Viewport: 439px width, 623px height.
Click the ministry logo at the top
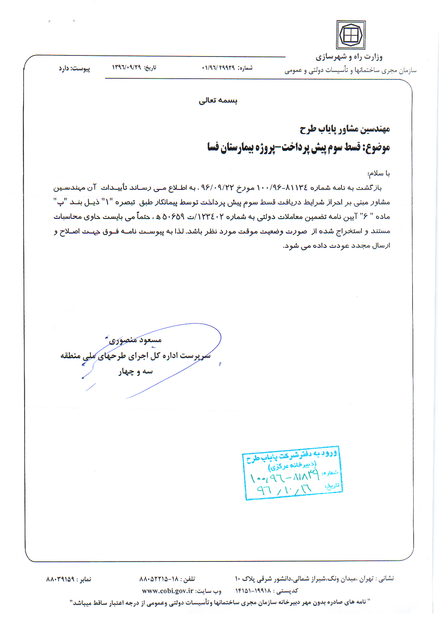pos(351,35)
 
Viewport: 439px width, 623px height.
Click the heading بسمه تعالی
pos(218,100)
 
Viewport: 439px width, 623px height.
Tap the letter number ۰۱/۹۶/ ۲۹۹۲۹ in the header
pos(218,68)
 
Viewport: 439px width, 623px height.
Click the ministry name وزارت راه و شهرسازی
pos(349,57)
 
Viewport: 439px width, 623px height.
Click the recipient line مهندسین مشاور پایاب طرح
pos(345,129)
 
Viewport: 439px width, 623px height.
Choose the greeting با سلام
pos(379,173)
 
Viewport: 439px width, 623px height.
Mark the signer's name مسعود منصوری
pos(135,340)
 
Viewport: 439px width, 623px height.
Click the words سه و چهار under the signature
pos(135,372)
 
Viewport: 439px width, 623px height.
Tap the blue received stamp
pos(292,473)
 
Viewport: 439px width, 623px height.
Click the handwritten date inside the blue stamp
pos(284,489)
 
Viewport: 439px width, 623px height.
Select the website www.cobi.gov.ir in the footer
pos(168,591)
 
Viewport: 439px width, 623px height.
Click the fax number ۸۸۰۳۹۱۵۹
pos(60,579)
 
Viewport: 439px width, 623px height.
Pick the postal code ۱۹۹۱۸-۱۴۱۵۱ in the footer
pos(253,591)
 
